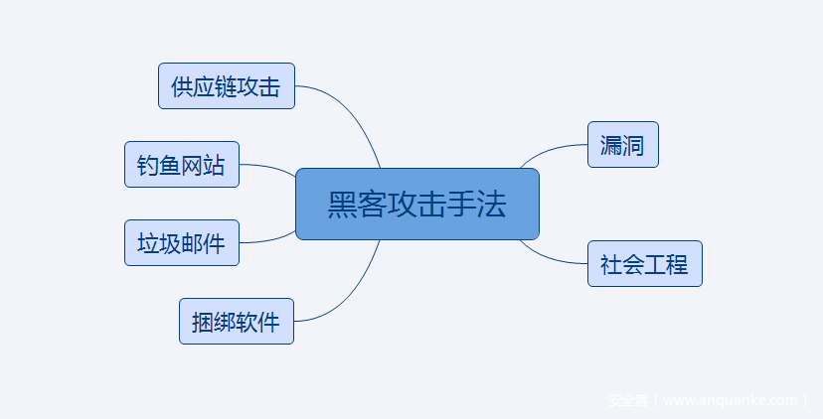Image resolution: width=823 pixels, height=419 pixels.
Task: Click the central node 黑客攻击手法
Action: tap(417, 205)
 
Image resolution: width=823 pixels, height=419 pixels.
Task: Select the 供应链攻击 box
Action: tap(227, 86)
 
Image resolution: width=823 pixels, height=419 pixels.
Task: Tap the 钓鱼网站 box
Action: tap(182, 165)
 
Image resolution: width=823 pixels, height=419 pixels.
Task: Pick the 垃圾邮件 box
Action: tap(182, 243)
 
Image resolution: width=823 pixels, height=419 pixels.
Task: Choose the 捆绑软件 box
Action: tap(237, 322)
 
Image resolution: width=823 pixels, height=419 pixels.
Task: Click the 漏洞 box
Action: tap(622, 145)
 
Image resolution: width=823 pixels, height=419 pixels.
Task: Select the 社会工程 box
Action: tap(644, 264)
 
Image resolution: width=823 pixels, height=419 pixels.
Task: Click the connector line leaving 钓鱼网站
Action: tap(268, 167)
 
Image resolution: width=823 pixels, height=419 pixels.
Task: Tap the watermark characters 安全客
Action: tap(628, 401)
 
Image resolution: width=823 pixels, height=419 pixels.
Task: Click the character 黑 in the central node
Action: tap(341, 205)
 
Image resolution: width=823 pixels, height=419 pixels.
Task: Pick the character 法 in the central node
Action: tap(493, 205)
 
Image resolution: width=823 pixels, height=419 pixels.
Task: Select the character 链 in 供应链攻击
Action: tap(227, 86)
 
